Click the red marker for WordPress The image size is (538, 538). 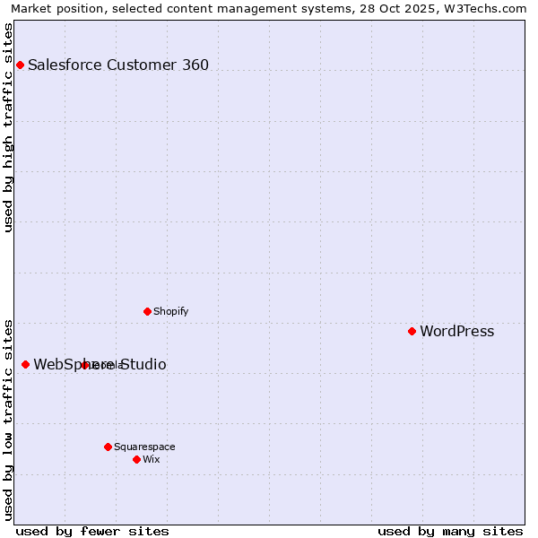[x=412, y=331]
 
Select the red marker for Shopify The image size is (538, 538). [x=147, y=311]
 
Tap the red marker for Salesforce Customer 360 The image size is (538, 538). [x=20, y=65]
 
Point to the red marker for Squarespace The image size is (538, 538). [x=108, y=447]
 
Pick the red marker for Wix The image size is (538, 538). [x=136, y=459]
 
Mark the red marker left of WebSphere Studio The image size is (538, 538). [x=25, y=364]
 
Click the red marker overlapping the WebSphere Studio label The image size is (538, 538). [x=84, y=365]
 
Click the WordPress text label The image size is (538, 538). [x=456, y=331]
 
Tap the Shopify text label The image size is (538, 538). [x=170, y=311]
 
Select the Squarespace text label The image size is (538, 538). [x=144, y=447]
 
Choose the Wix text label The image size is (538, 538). [x=151, y=459]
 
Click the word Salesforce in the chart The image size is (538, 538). [x=63, y=65]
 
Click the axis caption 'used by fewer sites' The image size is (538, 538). [x=92, y=531]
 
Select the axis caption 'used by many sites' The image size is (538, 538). [x=450, y=531]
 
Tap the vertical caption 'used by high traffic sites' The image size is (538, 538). [x=9, y=127]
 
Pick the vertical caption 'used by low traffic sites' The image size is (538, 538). [x=9, y=419]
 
